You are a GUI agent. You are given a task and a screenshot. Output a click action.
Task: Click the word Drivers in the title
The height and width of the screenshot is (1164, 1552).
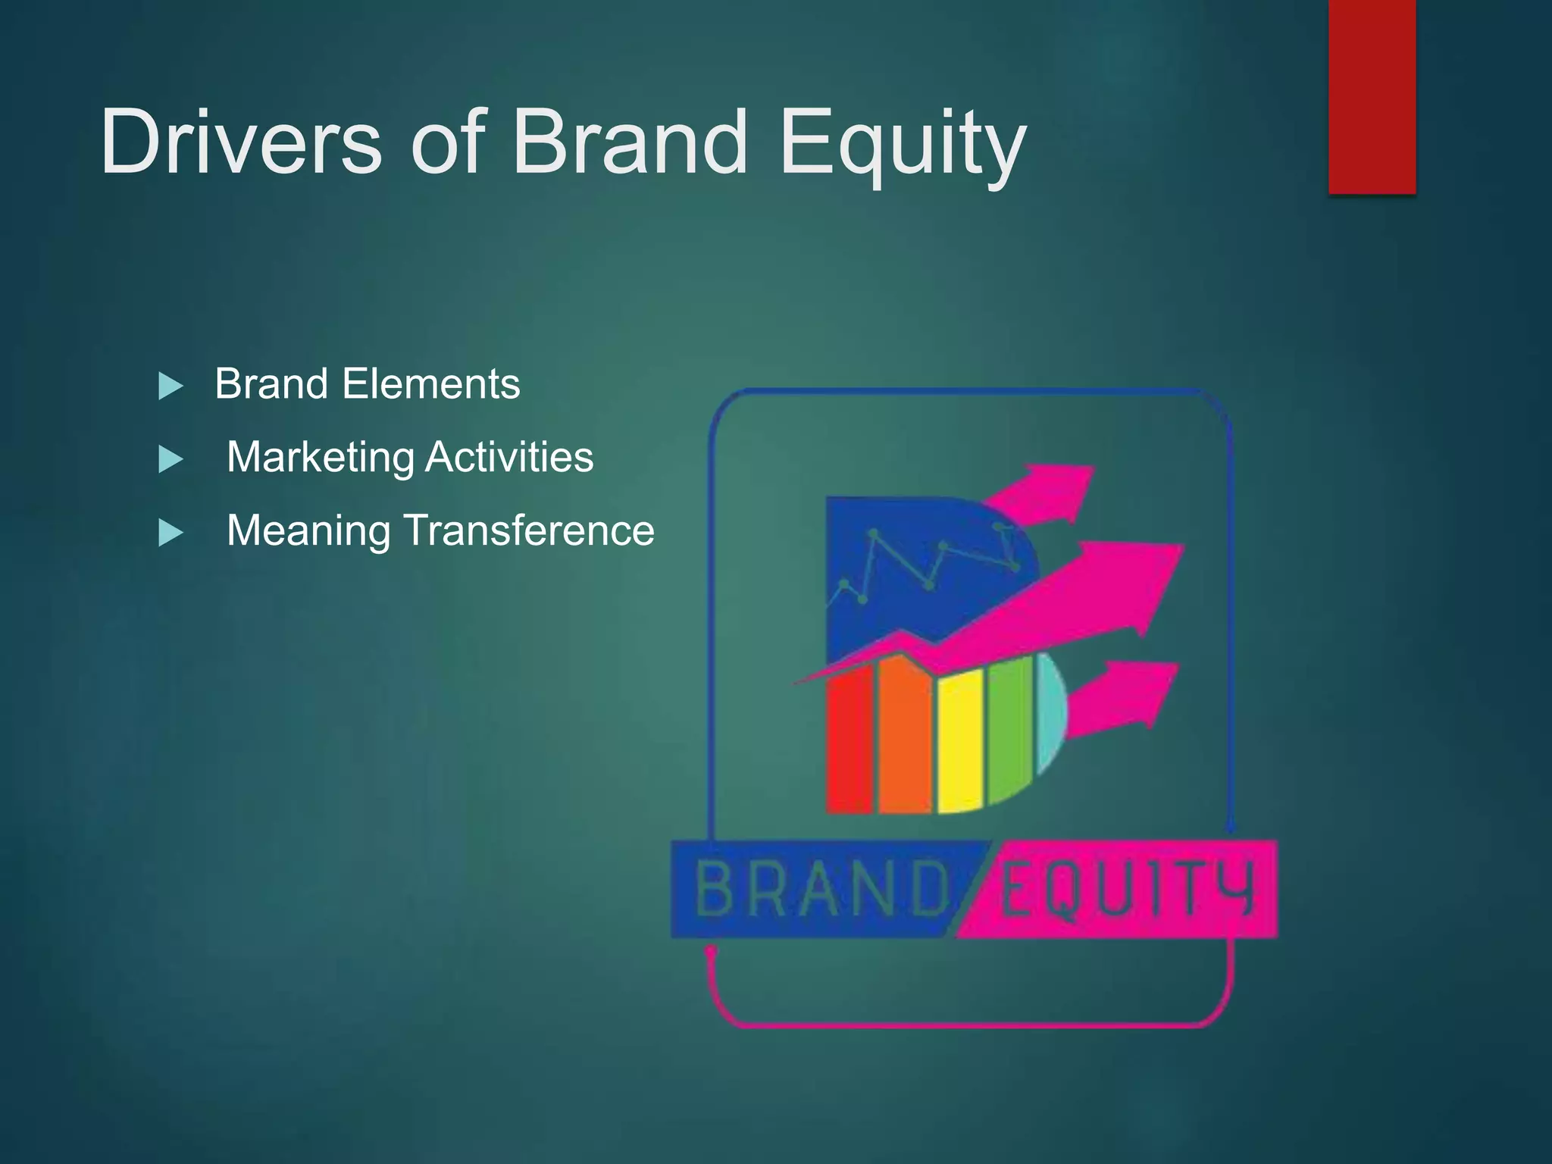(x=241, y=142)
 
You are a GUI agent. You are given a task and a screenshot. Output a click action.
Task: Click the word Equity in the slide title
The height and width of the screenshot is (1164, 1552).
(x=902, y=144)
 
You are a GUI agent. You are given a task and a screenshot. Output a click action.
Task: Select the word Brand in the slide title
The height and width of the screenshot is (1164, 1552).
(x=629, y=142)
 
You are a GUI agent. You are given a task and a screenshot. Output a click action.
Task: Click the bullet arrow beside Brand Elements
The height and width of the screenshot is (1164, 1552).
(x=171, y=386)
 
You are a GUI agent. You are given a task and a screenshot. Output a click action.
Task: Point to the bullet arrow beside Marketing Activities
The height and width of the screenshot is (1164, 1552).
(x=171, y=460)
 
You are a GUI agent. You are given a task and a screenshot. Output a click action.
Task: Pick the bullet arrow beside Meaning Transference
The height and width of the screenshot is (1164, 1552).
(x=171, y=533)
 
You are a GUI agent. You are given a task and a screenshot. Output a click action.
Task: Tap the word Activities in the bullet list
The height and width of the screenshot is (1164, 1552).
(x=509, y=457)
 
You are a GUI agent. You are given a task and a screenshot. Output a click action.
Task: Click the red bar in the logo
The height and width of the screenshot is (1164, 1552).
(x=849, y=743)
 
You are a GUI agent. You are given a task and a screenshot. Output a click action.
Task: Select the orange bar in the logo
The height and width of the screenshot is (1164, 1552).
(x=903, y=735)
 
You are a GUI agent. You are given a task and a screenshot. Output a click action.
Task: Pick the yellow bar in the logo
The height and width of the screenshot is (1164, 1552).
(x=960, y=746)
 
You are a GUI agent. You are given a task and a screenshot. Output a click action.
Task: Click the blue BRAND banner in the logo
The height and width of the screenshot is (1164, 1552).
(x=811, y=889)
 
